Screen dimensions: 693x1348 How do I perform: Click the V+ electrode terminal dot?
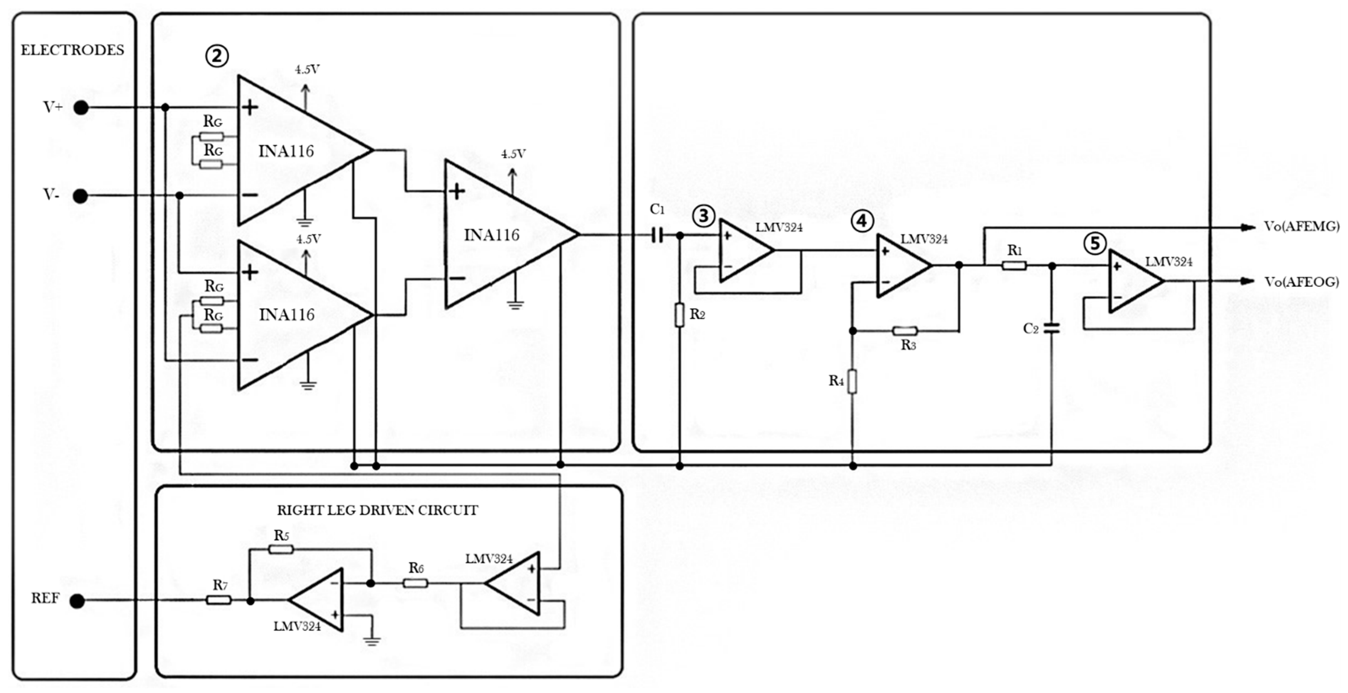coord(80,108)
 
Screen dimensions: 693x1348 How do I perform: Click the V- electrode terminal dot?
coord(80,196)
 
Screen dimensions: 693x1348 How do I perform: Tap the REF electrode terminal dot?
coord(77,601)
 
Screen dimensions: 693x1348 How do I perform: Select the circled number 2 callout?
coord(217,56)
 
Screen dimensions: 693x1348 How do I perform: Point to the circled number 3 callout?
coord(703,215)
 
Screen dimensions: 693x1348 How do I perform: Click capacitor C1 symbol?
coord(657,236)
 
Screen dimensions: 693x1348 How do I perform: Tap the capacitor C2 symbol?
coord(1052,328)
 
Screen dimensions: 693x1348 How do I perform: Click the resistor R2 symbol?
coord(679,315)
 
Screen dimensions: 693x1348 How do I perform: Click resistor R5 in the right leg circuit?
coord(281,549)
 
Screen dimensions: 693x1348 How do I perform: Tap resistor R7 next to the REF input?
coord(219,600)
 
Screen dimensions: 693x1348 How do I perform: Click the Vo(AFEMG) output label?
coord(1301,226)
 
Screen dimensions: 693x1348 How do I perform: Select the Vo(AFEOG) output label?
coord(1301,282)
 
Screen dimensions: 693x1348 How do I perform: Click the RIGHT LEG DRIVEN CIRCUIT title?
coord(377,510)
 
